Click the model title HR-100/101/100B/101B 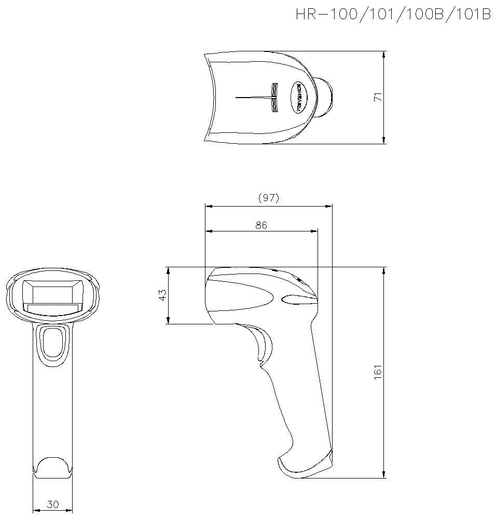click(x=393, y=15)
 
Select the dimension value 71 click(x=378, y=97)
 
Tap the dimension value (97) click(x=268, y=198)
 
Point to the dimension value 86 click(x=261, y=225)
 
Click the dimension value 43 click(x=162, y=295)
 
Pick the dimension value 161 click(x=378, y=372)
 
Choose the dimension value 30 click(x=52, y=504)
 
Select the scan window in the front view click(x=52, y=296)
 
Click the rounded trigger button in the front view click(x=52, y=344)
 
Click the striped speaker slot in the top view click(x=274, y=97)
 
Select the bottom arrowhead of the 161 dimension click(x=383, y=474)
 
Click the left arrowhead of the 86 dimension click(x=209, y=231)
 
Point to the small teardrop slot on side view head click(x=298, y=298)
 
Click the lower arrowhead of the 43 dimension click(x=168, y=321)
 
